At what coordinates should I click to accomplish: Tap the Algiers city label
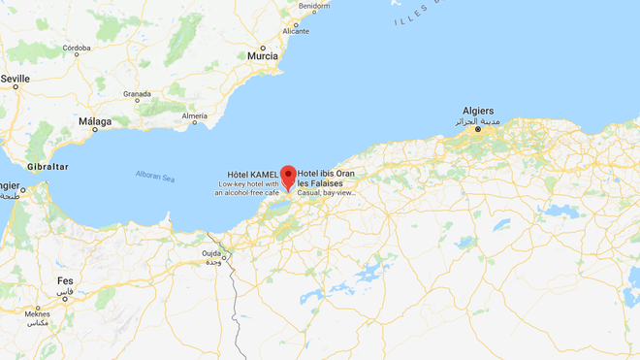click(478, 111)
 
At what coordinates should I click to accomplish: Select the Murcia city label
click(262, 56)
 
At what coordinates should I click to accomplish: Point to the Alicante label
click(295, 31)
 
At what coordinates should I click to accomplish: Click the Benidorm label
click(314, 6)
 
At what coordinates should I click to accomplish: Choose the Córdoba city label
click(77, 48)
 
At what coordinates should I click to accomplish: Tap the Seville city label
click(16, 78)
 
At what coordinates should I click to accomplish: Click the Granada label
click(137, 94)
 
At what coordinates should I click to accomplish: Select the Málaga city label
click(95, 121)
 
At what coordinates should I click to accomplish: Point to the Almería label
click(194, 115)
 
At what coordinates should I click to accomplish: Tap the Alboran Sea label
click(154, 177)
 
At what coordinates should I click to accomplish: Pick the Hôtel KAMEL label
click(252, 174)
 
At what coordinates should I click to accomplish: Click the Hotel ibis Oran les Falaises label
click(326, 179)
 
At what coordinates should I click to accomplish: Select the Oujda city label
click(212, 253)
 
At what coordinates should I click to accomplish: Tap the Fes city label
click(65, 280)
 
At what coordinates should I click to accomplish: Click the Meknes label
click(37, 313)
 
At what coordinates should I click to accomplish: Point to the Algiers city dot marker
click(477, 129)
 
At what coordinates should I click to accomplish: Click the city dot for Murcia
click(262, 47)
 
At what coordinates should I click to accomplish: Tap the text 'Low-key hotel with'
click(248, 184)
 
